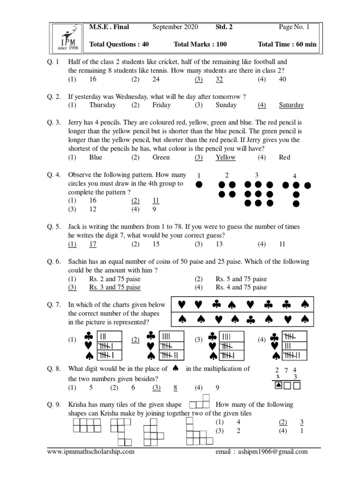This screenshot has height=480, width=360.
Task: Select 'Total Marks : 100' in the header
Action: click(200, 45)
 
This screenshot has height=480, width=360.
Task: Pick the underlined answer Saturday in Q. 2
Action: click(291, 105)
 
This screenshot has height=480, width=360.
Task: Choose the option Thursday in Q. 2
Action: click(102, 105)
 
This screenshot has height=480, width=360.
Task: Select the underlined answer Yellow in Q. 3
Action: click(225, 157)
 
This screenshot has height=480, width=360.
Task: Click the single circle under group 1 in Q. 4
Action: click(199, 185)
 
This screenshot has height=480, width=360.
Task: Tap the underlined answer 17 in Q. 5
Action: click(93, 244)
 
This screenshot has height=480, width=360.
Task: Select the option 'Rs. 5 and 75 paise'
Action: click(241, 279)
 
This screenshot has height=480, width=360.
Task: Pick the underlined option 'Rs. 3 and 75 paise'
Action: click(114, 287)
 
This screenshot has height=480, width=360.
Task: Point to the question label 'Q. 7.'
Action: click(54, 305)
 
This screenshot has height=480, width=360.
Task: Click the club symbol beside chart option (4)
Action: click(275, 337)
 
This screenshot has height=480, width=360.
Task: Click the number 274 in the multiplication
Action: click(285, 370)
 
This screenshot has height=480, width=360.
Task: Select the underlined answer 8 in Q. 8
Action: click(175, 388)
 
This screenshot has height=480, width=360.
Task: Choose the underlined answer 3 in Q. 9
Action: click(302, 422)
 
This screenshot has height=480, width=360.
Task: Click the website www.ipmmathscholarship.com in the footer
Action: click(91, 452)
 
